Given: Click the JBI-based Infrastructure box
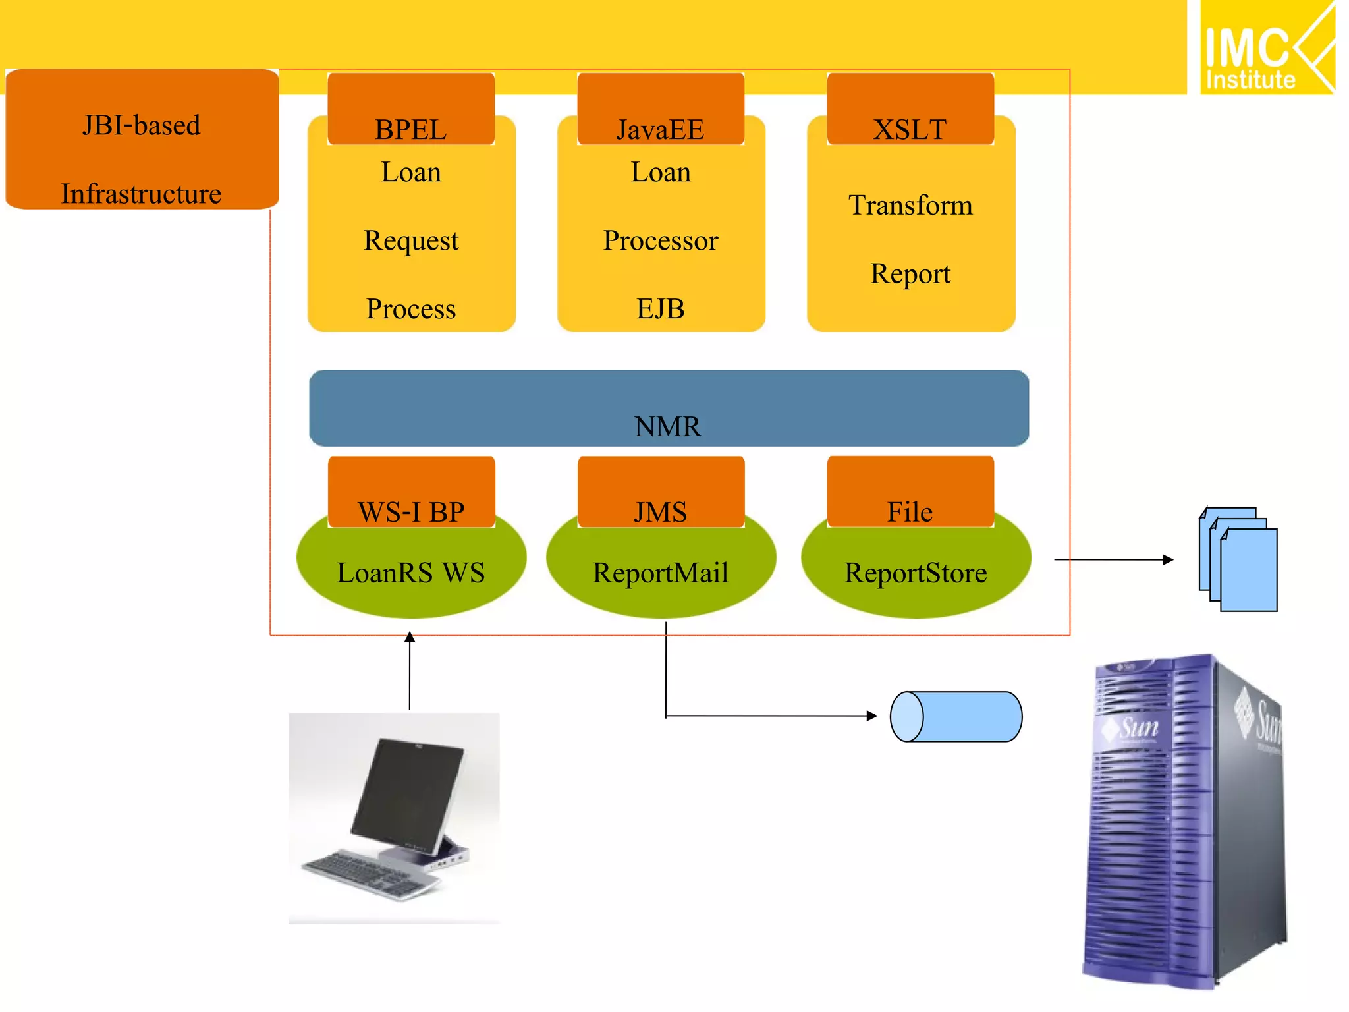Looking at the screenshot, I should pyautogui.click(x=142, y=140).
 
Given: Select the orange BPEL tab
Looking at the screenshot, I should pyautogui.click(x=410, y=109).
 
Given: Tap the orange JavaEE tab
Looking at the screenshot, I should pyautogui.click(x=660, y=109).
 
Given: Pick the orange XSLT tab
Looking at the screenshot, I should pyautogui.click(x=910, y=109).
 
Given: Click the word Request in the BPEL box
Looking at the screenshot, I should pyautogui.click(x=411, y=241).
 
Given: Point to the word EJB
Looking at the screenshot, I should pyautogui.click(x=660, y=309).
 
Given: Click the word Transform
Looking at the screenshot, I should pyautogui.click(x=910, y=206).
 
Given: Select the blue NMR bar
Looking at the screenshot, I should pyautogui.click(x=669, y=408).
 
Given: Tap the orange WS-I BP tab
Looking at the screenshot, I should pyautogui.click(x=411, y=492).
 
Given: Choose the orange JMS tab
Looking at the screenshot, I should pyautogui.click(x=660, y=492).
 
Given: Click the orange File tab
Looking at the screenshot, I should pyautogui.click(x=910, y=492).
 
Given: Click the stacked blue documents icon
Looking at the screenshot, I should pyautogui.click(x=1238, y=560).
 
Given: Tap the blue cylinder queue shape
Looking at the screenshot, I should pyautogui.click(x=956, y=717).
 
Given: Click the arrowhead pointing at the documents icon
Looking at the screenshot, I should pyautogui.click(x=1168, y=560).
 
